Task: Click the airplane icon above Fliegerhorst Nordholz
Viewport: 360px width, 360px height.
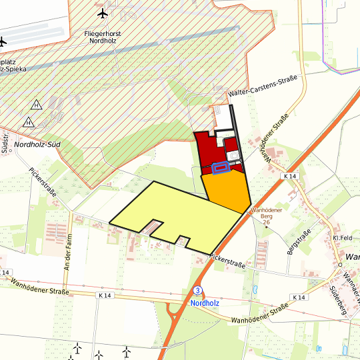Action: click(x=102, y=13)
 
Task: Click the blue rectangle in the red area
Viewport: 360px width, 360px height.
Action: click(x=221, y=168)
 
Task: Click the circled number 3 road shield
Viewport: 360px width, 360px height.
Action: click(x=198, y=291)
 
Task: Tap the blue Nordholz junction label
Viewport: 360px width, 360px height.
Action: click(x=205, y=302)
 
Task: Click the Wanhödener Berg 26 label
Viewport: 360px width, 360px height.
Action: click(x=266, y=215)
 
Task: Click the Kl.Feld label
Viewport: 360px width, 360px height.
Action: click(x=341, y=238)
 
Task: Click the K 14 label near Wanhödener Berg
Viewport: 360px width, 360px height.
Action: click(x=289, y=175)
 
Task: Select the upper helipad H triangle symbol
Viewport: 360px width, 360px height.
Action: click(x=35, y=105)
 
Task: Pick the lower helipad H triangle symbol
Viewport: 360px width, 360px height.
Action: click(x=29, y=123)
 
